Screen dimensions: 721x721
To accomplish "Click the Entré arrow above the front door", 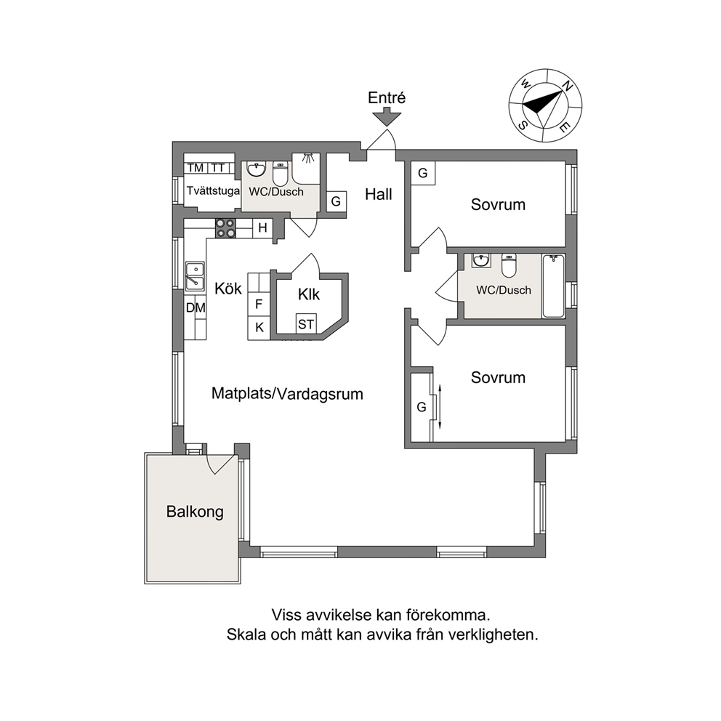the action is coord(387,116).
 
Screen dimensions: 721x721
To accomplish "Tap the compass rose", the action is coord(545,105).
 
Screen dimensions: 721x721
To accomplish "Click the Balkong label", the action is coord(195,512).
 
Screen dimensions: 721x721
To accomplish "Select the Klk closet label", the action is coord(309,294).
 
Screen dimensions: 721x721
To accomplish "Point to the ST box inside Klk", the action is coord(306,323).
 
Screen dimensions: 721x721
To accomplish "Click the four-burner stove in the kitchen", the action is coord(226,228).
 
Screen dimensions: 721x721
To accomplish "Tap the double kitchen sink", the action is coord(195,276).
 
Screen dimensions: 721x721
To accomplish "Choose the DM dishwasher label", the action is coord(196,307).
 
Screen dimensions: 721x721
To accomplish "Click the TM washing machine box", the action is coord(196,168).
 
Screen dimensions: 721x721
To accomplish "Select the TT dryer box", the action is coord(218,168).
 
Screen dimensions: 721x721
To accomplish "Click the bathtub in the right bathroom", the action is coord(553,286).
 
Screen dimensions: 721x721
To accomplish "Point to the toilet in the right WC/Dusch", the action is coord(509,265).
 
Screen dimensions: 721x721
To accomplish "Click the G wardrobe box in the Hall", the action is coord(336,201).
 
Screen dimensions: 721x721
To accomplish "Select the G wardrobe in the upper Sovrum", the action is coord(423,174).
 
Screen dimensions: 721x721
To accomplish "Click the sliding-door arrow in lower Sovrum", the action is coord(440,407).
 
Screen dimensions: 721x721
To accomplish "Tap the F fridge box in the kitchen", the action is coord(259,304).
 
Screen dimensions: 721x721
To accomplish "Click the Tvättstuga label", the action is coord(214,191).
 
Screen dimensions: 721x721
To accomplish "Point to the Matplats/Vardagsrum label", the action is coord(287,394).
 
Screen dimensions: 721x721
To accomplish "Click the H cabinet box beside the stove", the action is coord(262,227).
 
